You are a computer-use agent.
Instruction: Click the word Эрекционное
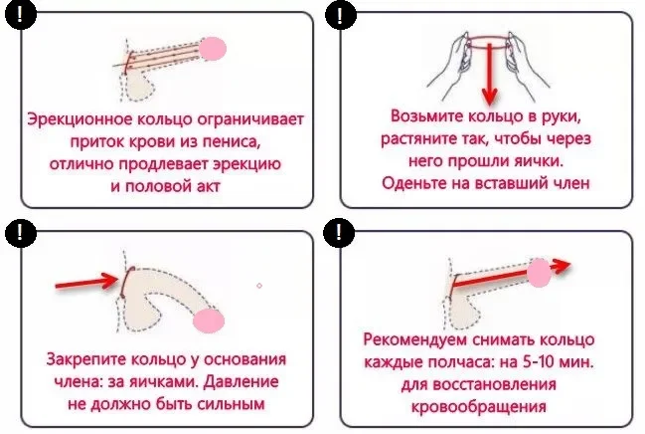pos(80,119)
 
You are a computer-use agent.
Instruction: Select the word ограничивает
pos(250,119)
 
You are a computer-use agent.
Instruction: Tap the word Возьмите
pos(426,116)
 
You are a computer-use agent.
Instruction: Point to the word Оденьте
pos(413,182)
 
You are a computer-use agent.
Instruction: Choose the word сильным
pos(231,403)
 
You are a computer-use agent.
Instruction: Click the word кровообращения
pos(478,406)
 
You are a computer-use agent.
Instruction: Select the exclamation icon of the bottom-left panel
pos(20,233)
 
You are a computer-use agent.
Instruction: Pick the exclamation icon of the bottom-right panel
pos(339,233)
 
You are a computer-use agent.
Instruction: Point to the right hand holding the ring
pos(525,66)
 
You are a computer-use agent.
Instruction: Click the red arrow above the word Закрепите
pos(87,282)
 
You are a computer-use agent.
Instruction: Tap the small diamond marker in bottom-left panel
pos(259,286)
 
